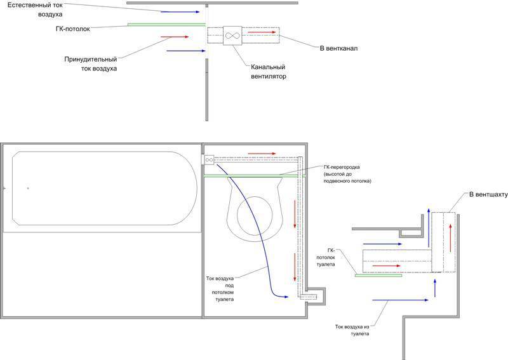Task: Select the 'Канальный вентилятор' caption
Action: (x=266, y=71)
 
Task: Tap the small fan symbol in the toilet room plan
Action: (x=209, y=161)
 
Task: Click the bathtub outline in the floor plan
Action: (x=102, y=189)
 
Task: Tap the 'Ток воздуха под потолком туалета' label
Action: (x=221, y=289)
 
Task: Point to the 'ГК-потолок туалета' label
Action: (x=326, y=260)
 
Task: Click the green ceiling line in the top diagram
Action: (x=166, y=25)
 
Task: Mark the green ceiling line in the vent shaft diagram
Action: (x=378, y=276)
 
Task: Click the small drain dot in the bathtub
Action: (x=27, y=188)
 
